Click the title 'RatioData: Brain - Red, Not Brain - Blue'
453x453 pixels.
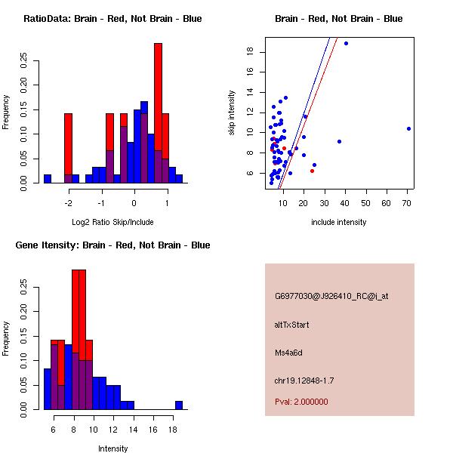[x=112, y=19]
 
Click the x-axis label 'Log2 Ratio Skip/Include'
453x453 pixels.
[x=112, y=222]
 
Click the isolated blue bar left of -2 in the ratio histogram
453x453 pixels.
[x=48, y=178]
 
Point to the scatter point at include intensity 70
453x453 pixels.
[x=408, y=128]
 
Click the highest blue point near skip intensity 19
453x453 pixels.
[x=346, y=43]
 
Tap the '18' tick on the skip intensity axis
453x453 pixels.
[x=249, y=51]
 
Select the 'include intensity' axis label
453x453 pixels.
[x=339, y=222]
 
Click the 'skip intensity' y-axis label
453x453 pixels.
[x=233, y=113]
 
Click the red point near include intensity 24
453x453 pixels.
[x=312, y=171]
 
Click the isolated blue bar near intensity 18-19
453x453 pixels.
[x=179, y=405]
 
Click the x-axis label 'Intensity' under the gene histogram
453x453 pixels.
[x=113, y=448]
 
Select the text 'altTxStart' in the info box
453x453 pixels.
[x=292, y=325]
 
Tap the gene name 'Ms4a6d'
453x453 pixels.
[x=288, y=353]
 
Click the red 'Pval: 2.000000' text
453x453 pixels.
[x=301, y=402]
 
